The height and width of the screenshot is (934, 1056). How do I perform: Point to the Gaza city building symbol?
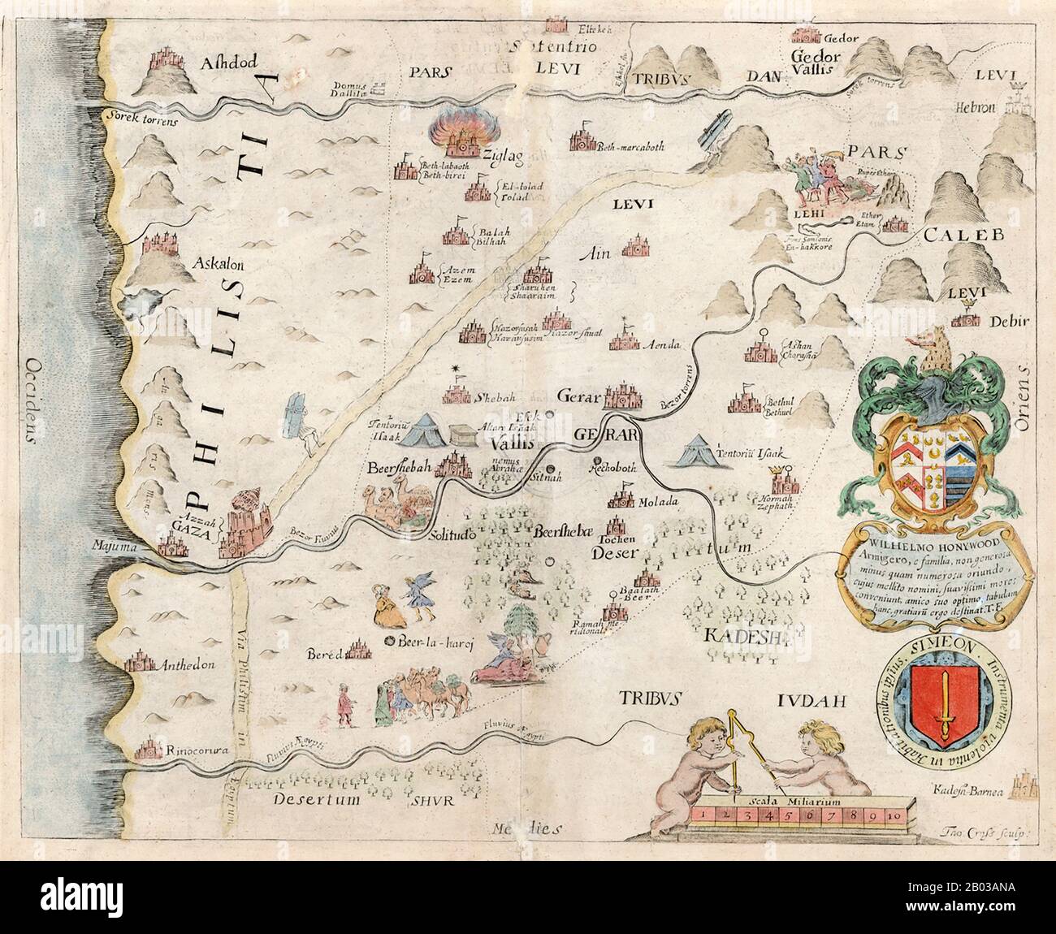point(242,524)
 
